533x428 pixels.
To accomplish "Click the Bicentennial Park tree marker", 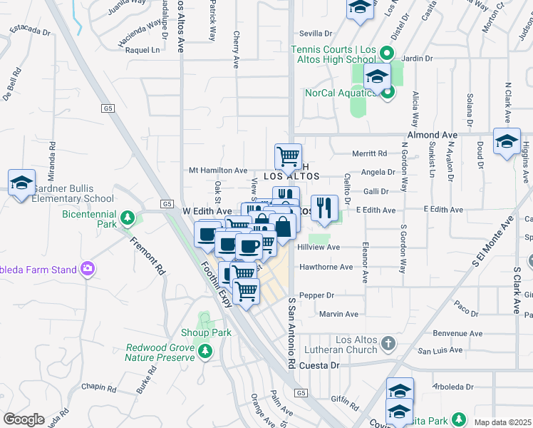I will click(x=128, y=217).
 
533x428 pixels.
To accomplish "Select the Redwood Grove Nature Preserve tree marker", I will click(x=205, y=350).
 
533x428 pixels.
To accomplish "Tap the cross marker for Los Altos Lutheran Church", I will click(x=388, y=344).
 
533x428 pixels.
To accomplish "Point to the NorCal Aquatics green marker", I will click(x=387, y=93).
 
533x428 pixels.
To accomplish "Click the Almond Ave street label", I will click(x=432, y=135).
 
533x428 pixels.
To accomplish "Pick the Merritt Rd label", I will click(x=370, y=153).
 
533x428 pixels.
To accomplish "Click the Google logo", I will click(x=24, y=419).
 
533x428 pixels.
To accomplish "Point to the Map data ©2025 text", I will click(x=502, y=422).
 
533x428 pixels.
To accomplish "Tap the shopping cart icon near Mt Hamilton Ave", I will click(x=287, y=156).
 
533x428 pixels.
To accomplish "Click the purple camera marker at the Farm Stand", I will click(x=87, y=268).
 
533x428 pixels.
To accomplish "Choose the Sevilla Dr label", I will click(x=316, y=34).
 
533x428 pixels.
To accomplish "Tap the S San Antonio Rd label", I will click(x=291, y=334).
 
